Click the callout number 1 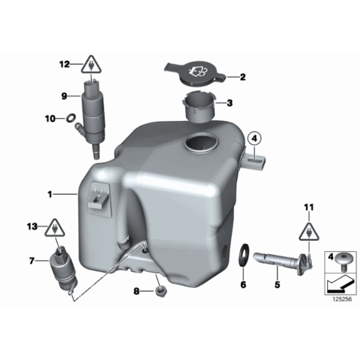pyautogui.click(x=50, y=194)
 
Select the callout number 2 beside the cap pyautogui.click(x=243, y=78)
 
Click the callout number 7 pyautogui.click(x=32, y=261)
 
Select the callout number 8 pyautogui.click(x=135, y=290)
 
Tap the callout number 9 pyautogui.click(x=63, y=96)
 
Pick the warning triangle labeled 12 pyautogui.click(x=92, y=65)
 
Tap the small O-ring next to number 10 pyautogui.click(x=70, y=117)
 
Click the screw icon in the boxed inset pyautogui.click(x=340, y=260)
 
